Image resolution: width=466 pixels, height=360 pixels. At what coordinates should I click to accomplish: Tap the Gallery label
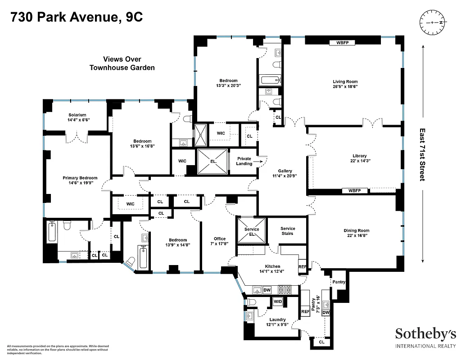285,171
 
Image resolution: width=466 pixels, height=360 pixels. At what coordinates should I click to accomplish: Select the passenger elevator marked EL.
213,161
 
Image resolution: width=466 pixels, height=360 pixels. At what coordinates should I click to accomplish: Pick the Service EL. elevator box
252,231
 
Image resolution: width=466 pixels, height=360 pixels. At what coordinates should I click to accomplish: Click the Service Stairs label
287,231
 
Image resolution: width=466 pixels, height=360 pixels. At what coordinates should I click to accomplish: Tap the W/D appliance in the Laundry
278,301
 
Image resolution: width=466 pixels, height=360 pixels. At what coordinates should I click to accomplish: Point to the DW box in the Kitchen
267,290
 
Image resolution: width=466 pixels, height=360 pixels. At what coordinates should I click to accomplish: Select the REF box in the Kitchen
303,267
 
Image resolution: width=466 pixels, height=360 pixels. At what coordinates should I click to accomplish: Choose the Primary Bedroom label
80,178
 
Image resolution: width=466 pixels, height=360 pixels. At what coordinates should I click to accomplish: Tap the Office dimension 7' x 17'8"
219,243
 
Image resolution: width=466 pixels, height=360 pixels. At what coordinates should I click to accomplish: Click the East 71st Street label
422,154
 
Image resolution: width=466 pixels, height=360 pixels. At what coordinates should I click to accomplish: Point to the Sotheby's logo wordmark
425,334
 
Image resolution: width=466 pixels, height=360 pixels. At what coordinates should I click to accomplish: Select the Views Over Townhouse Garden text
122,63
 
